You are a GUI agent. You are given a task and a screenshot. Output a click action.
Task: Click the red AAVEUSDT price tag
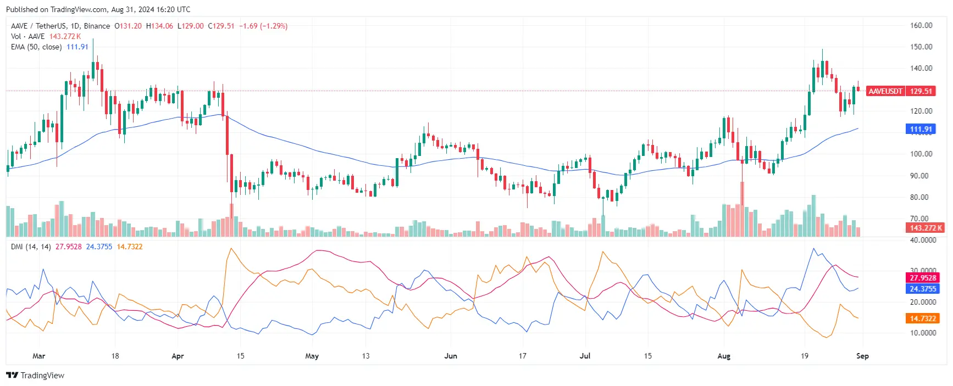pyautogui.click(x=885, y=91)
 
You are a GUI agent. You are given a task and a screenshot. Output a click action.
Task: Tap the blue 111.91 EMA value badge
pyautogui.click(x=921, y=129)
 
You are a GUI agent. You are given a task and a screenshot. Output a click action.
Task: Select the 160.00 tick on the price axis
pyautogui.click(x=921, y=25)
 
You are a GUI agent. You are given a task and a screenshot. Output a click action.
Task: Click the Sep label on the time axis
pyautogui.click(x=862, y=356)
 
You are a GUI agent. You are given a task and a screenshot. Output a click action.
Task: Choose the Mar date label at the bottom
pyautogui.click(x=38, y=356)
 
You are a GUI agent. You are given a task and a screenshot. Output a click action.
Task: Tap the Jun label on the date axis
pyautogui.click(x=451, y=356)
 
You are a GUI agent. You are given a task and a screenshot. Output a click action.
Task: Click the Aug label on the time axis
pyautogui.click(x=724, y=356)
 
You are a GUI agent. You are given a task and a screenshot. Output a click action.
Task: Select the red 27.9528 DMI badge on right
pyautogui.click(x=923, y=278)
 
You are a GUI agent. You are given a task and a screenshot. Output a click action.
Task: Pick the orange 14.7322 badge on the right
pyautogui.click(x=923, y=318)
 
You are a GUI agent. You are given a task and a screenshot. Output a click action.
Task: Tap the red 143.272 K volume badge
pyautogui.click(x=926, y=228)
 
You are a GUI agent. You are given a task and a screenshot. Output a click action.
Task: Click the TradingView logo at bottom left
pyautogui.click(x=35, y=376)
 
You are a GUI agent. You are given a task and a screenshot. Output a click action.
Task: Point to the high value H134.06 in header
pyautogui.click(x=159, y=26)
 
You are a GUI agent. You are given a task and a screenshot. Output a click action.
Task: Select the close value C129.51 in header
pyautogui.click(x=221, y=26)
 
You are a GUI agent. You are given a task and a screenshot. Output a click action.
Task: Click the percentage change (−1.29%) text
pyautogui.click(x=274, y=26)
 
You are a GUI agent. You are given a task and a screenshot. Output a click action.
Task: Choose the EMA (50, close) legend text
pyautogui.click(x=36, y=47)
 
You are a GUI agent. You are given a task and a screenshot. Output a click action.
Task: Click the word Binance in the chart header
pyautogui.click(x=97, y=26)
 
